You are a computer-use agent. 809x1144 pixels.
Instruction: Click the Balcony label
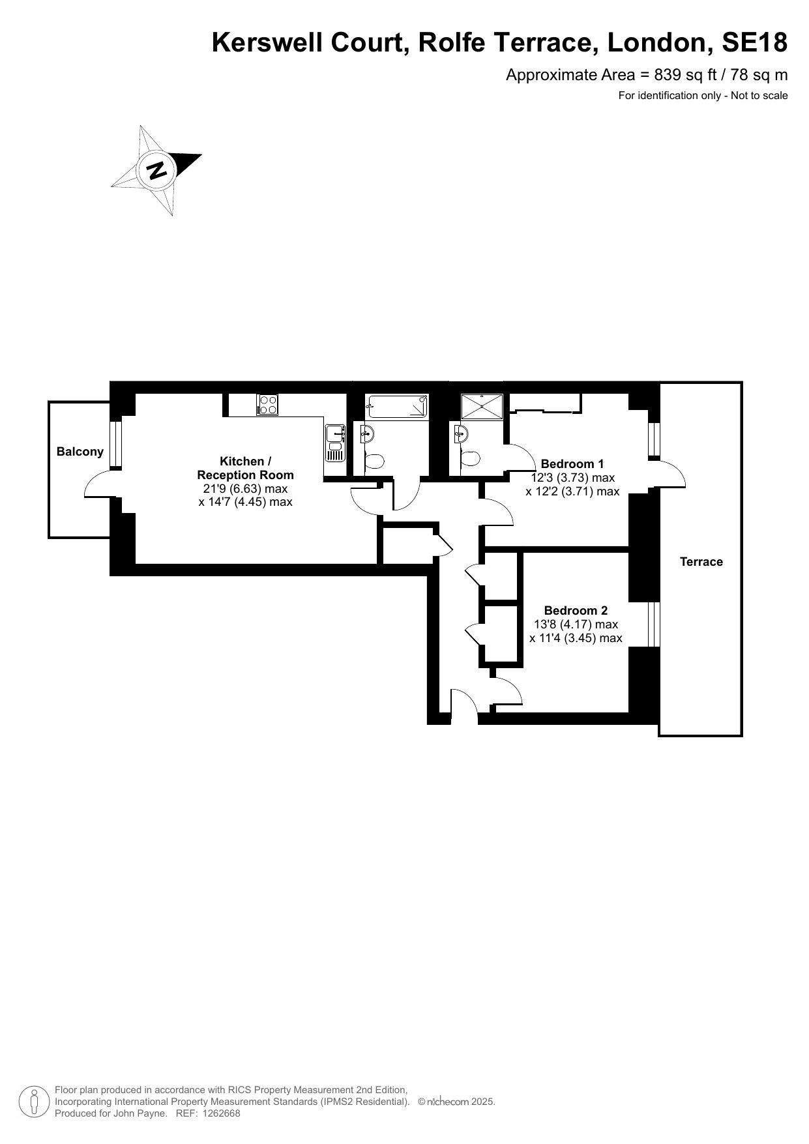[x=80, y=452]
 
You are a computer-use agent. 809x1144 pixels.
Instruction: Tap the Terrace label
[x=701, y=562]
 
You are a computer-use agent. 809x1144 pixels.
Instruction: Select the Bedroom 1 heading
[x=572, y=464]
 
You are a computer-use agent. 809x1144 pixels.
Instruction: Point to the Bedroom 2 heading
[x=576, y=611]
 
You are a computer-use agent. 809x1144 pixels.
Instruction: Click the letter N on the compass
[x=156, y=170]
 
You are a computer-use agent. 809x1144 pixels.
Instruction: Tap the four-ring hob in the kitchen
[x=267, y=405]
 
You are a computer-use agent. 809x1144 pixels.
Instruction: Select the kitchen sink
[x=335, y=442]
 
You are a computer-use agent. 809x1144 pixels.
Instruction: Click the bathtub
[x=397, y=406]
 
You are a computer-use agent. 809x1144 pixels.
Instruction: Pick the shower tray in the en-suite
[x=482, y=406]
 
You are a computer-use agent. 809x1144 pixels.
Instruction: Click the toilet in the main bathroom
[x=374, y=461]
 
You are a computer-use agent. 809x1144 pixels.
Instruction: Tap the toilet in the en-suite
[x=469, y=459]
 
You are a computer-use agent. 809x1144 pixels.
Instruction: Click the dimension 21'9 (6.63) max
[x=245, y=489]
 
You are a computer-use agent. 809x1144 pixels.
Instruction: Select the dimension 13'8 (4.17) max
[x=576, y=624]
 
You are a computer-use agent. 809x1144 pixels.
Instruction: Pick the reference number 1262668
[x=222, y=1113]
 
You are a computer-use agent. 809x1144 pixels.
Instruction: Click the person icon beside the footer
[x=34, y=1101]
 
